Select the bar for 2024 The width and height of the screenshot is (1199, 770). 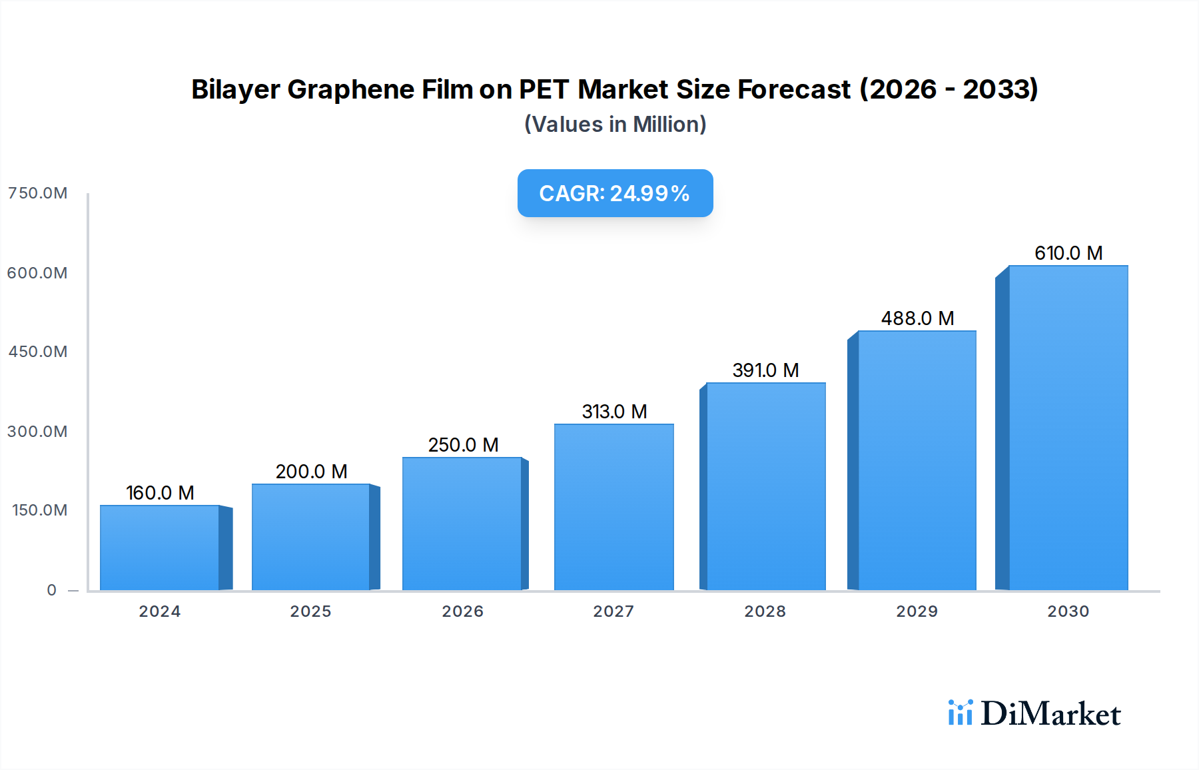click(x=160, y=548)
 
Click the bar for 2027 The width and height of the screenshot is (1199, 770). click(x=613, y=507)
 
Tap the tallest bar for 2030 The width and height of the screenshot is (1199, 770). click(x=1068, y=428)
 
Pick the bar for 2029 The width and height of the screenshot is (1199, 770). click(x=917, y=460)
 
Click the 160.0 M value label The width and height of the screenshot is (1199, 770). click(x=160, y=493)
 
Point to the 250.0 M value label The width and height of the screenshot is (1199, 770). click(x=463, y=445)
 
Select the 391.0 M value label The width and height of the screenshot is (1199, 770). click(x=765, y=370)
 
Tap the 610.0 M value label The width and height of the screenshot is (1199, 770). click(x=1068, y=253)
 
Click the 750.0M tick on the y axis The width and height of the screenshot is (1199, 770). click(x=37, y=193)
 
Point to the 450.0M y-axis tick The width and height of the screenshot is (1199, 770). click(x=37, y=352)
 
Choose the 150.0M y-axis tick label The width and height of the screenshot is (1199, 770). click(x=39, y=510)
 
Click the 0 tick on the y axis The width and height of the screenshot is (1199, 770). click(x=51, y=590)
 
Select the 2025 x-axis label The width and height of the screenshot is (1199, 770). click(x=310, y=611)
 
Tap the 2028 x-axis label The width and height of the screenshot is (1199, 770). click(x=765, y=611)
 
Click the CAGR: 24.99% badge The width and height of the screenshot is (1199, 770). click(x=615, y=193)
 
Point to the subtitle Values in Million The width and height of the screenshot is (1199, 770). click(x=615, y=125)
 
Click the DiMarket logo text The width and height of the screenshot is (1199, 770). click(x=1050, y=714)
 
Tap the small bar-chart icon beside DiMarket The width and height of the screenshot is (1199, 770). click(x=960, y=713)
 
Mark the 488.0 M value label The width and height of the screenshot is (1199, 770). click(x=917, y=318)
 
